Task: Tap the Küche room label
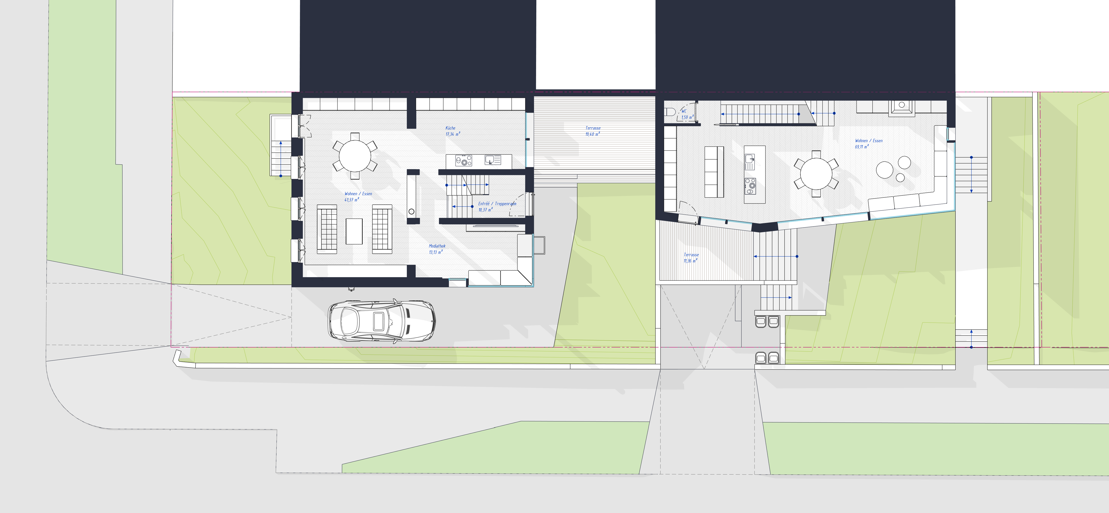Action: point(450,128)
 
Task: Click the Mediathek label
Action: point(437,246)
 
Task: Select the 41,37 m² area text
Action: point(351,200)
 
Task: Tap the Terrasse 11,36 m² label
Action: point(691,258)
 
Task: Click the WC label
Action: point(684,111)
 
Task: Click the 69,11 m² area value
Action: point(861,147)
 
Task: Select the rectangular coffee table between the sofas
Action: point(354,231)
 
